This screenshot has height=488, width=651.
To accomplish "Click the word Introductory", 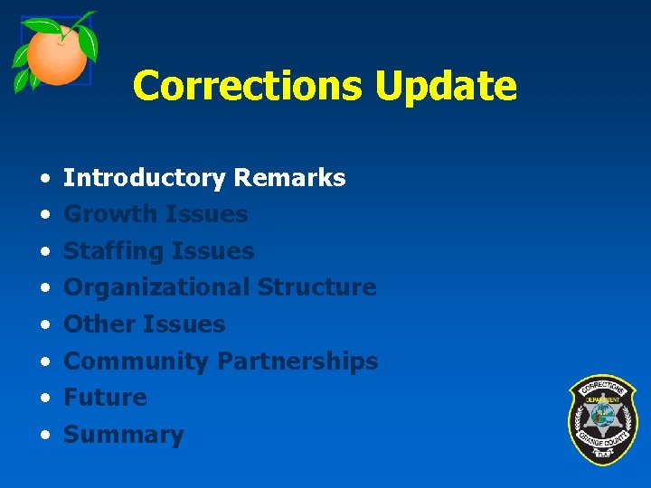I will pos(144,178).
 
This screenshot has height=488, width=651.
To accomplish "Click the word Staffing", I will pos(113,251).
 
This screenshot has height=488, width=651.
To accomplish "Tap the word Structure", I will pos(316,287).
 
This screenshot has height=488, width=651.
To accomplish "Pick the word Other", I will pos(97,324).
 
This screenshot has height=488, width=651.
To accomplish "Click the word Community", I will pos(136,361).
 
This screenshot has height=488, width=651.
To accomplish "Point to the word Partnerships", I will pos(297,361).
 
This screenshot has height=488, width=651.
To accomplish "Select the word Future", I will pos(105,398).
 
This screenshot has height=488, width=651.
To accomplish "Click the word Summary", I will pos(123,435).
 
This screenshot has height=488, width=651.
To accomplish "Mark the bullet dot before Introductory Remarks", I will pos(44,178).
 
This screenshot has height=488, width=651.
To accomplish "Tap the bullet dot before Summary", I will pos(44,436).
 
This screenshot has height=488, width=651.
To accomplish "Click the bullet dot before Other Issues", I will pos(44,325).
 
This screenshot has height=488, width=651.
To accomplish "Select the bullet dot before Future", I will pos(44,399).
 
